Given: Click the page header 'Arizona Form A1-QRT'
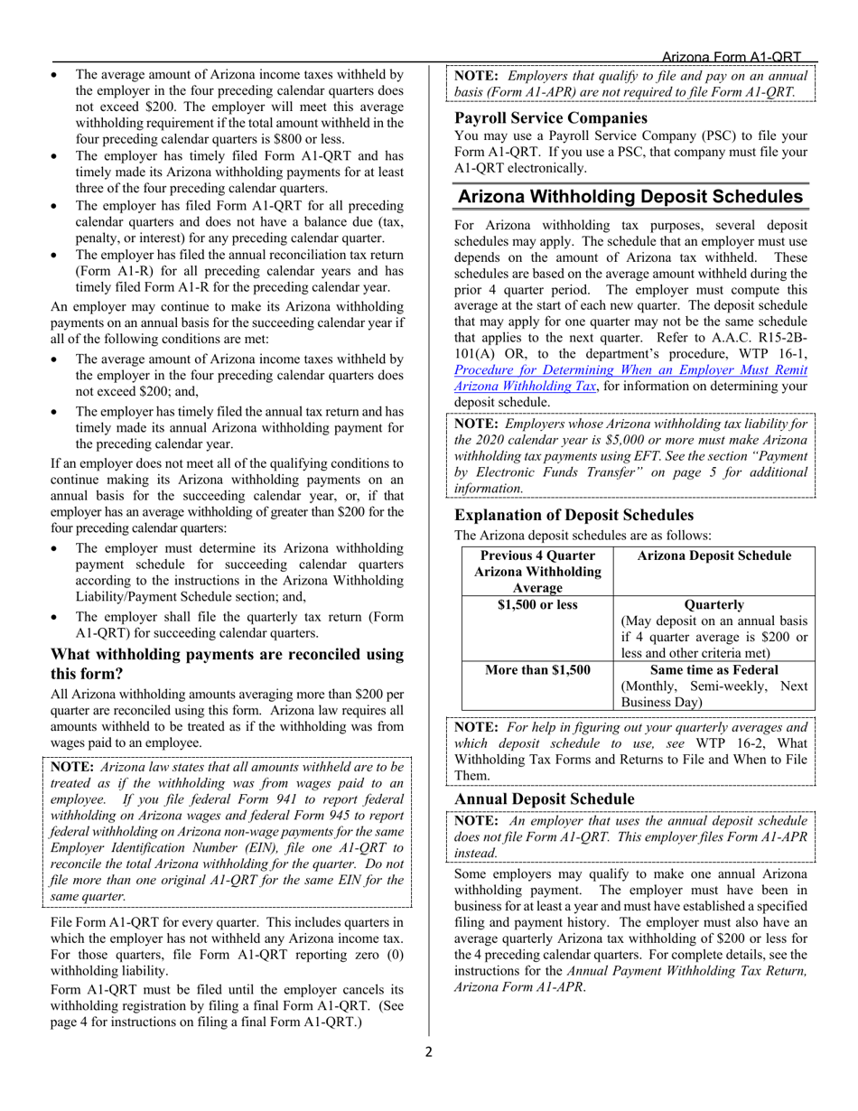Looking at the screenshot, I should click(732, 57).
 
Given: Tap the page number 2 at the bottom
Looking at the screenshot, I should click(429, 1051).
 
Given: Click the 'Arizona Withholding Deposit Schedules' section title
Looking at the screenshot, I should click(630, 197).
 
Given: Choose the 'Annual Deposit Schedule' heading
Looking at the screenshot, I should click(544, 799).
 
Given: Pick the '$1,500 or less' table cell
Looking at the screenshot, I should click(537, 604).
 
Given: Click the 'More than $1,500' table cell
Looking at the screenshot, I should click(537, 669).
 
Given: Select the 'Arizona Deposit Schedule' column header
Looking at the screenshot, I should click(713, 555).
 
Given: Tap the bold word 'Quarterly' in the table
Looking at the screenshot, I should click(713, 604).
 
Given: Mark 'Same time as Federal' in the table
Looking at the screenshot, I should click(713, 669).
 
